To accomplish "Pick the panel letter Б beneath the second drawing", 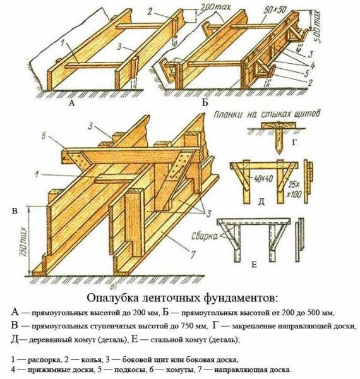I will [204, 101].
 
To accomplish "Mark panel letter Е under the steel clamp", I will [254, 264].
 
